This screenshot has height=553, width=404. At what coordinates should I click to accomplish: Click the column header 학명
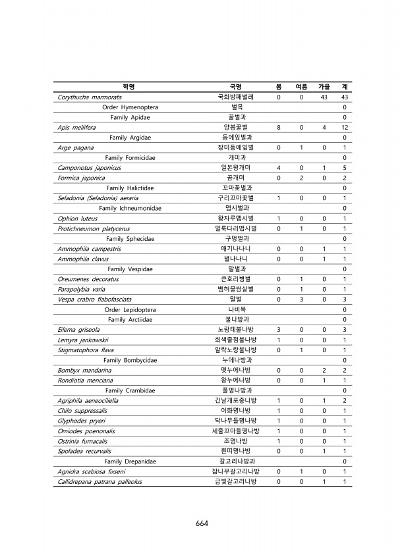[129, 86]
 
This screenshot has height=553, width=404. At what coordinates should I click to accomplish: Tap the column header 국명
[235, 86]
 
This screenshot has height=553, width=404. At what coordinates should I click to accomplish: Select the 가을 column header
[324, 86]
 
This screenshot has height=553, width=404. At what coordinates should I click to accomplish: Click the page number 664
[202, 523]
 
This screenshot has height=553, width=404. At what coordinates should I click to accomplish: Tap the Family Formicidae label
[130, 157]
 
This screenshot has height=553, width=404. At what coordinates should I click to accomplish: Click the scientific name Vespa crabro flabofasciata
[95, 300]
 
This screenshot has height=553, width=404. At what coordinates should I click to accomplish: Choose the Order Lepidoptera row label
[130, 309]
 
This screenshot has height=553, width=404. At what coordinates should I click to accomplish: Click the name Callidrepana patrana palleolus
[100, 482]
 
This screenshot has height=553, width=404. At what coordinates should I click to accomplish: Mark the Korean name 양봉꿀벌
[235, 127]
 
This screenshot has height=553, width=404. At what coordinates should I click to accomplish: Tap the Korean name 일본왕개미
[235, 168]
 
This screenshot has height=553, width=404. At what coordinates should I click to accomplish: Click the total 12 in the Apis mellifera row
[344, 127]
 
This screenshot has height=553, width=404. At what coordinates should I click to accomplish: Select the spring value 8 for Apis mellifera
[279, 127]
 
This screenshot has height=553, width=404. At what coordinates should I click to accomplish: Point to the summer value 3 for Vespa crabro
[301, 300]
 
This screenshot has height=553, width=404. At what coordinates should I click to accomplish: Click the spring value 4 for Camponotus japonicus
[279, 168]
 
